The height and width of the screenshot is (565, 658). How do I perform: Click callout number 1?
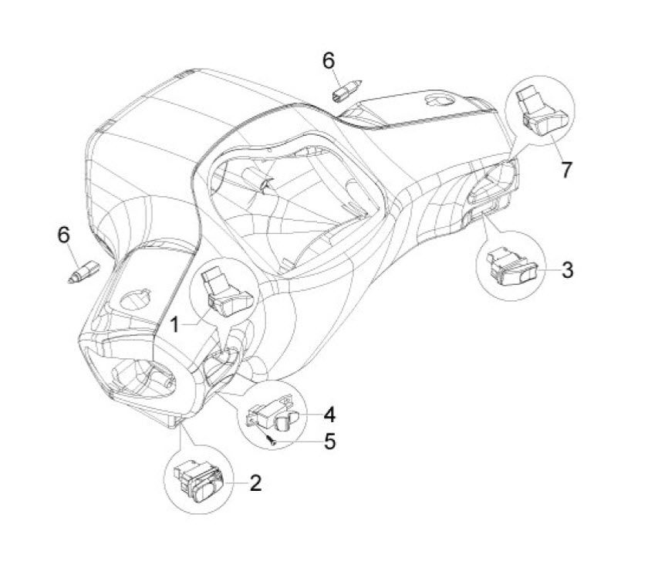tap(175, 325)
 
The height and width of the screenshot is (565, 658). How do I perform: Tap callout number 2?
tap(255, 484)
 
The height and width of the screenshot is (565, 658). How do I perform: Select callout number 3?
tap(567, 269)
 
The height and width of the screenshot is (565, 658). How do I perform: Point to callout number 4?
tap(329, 414)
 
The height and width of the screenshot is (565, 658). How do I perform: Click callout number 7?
tap(567, 169)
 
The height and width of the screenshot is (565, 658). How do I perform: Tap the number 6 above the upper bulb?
tap(329, 59)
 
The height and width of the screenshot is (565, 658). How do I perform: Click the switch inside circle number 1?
tap(221, 293)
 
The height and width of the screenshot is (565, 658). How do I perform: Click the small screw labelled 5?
tap(272, 441)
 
